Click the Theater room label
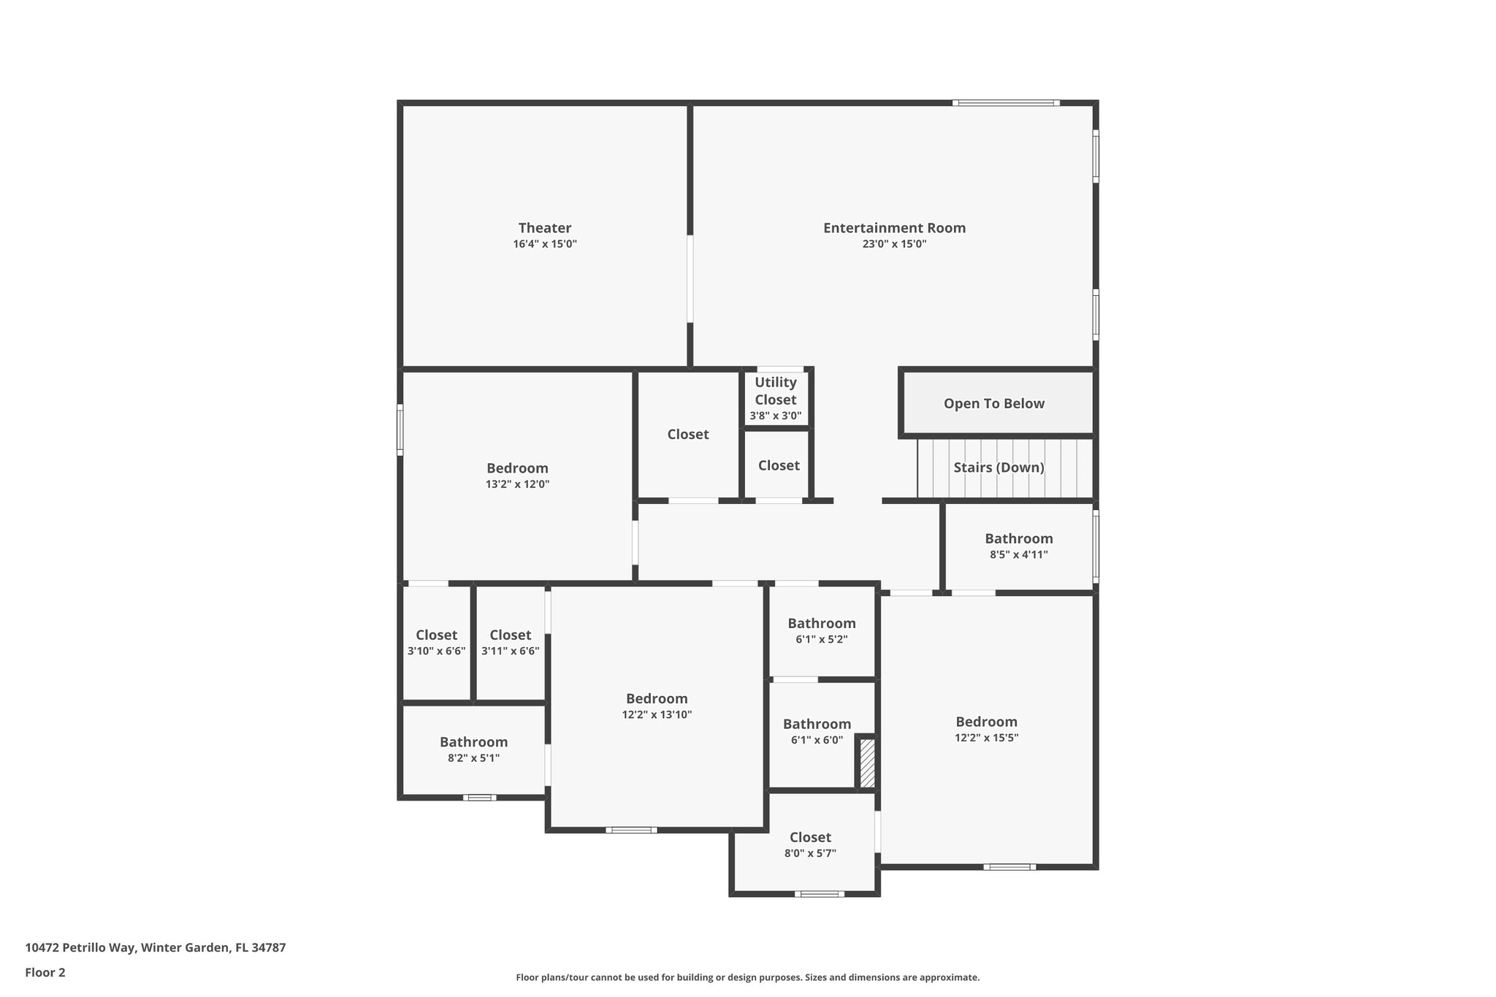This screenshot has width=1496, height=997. coord(544,228)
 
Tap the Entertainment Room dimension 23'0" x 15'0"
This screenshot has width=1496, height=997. coord(894,244)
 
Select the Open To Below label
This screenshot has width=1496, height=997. coord(993,404)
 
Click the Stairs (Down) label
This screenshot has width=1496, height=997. coord(999,467)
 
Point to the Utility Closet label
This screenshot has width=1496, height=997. coord(775,391)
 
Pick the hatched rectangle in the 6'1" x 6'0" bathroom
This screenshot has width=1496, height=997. coord(866,763)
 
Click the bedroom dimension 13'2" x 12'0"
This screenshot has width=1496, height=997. coord(517,484)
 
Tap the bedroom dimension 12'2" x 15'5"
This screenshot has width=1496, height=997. coord(986,738)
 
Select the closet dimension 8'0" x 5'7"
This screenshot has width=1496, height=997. coord(810,853)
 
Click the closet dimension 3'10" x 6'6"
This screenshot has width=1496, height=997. coord(436,651)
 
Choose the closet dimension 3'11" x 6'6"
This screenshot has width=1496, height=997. coord(510,651)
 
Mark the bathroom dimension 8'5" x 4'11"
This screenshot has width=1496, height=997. coord(1018,554)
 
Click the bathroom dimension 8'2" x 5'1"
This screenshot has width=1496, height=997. coord(473,758)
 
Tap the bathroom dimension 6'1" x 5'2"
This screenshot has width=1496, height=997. coord(821,639)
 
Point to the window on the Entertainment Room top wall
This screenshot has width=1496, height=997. coord(1006,103)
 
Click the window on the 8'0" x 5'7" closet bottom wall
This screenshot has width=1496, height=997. coord(819,893)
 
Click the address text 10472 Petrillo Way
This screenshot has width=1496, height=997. coord(155,948)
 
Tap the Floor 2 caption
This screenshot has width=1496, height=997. coord(45,972)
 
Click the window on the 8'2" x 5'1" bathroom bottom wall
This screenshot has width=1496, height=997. coord(479,798)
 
